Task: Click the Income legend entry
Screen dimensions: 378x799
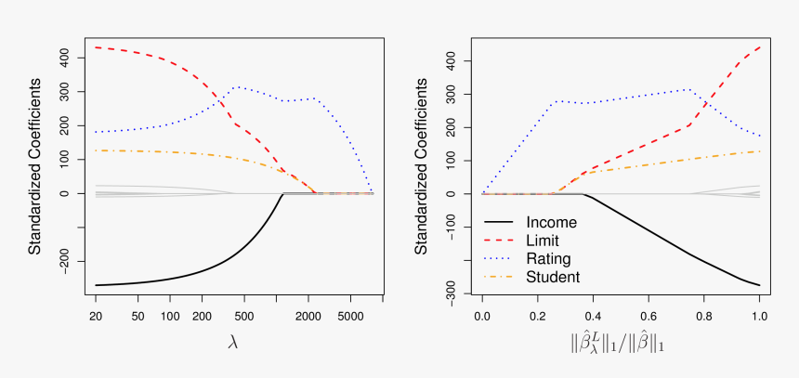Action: (551, 223)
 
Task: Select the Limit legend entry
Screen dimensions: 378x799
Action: (544, 241)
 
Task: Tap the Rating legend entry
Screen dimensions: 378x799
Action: (548, 258)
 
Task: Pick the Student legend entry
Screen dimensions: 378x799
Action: (553, 277)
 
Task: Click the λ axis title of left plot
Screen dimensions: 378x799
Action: (234, 342)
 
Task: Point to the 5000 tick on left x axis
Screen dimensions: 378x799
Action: (350, 315)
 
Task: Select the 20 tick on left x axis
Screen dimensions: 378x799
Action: (96, 315)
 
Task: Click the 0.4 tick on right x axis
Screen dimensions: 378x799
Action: (593, 315)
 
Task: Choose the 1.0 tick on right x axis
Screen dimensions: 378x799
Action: (759, 315)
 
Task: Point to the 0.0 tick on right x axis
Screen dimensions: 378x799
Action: (482, 315)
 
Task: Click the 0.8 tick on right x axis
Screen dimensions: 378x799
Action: (703, 315)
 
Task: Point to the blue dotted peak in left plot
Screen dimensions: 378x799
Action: (237, 87)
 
